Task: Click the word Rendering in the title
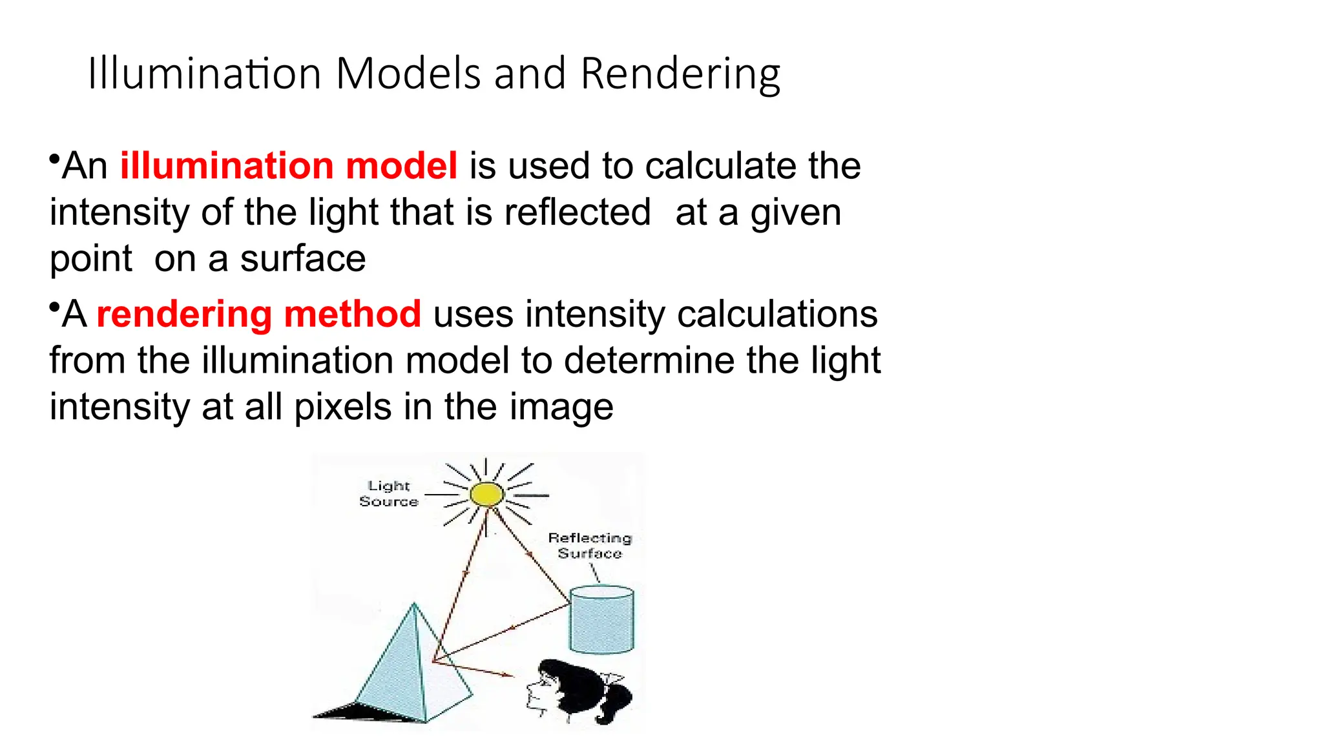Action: pyautogui.click(x=680, y=74)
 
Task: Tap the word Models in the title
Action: pyautogui.click(x=408, y=73)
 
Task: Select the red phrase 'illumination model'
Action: pyautogui.click(x=289, y=166)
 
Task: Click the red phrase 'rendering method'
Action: pyautogui.click(x=258, y=315)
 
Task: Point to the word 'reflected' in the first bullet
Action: pyautogui.click(x=577, y=212)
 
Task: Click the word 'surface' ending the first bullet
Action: pyautogui.click(x=302, y=259)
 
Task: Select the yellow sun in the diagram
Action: pyautogui.click(x=486, y=495)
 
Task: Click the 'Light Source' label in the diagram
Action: pyautogui.click(x=389, y=493)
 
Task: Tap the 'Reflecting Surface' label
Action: pyautogui.click(x=589, y=546)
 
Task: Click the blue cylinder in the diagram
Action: pyautogui.click(x=601, y=619)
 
